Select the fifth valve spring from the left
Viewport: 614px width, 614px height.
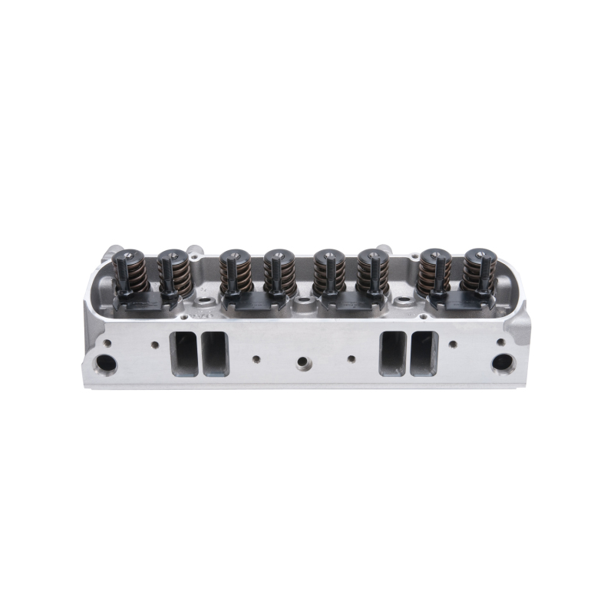click(x=328, y=272)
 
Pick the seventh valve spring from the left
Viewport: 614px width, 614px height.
click(x=434, y=272)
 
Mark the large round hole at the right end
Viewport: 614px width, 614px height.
click(x=503, y=362)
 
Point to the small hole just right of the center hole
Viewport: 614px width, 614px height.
click(x=351, y=358)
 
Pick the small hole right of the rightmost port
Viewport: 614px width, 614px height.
click(x=453, y=345)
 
